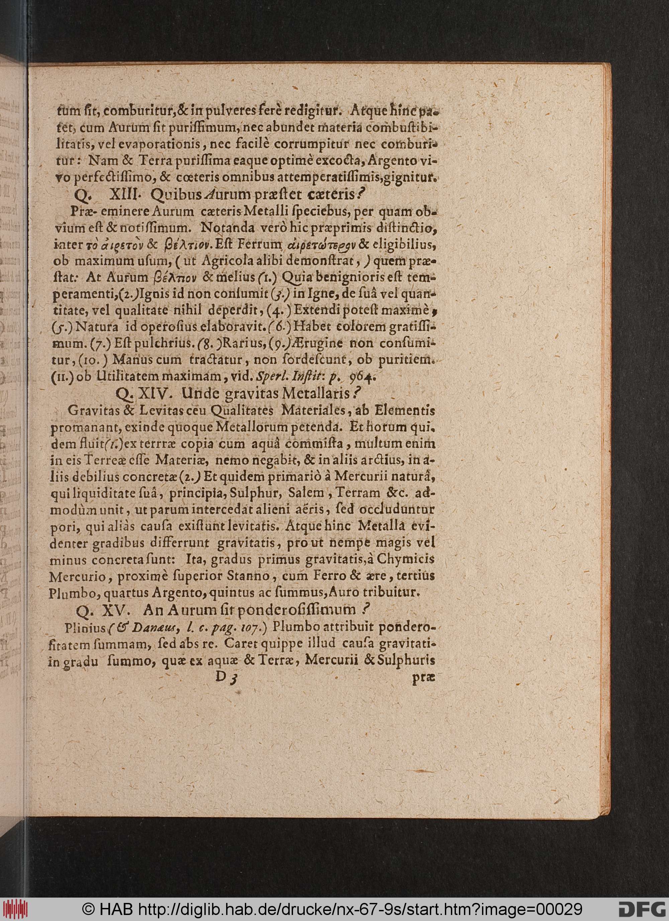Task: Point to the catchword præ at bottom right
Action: (423, 678)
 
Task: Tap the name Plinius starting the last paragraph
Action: (85, 628)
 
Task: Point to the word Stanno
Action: (249, 576)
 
